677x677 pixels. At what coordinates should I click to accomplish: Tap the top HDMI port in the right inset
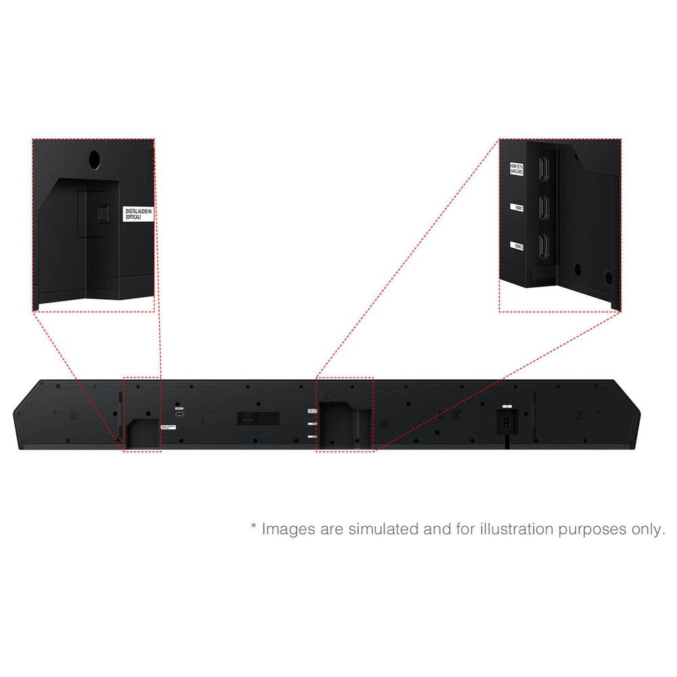pos(542,169)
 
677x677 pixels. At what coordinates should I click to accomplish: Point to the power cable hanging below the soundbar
pos(506,440)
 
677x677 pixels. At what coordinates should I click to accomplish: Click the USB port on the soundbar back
pos(179,414)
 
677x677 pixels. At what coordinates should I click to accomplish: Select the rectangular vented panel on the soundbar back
pos(258,418)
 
